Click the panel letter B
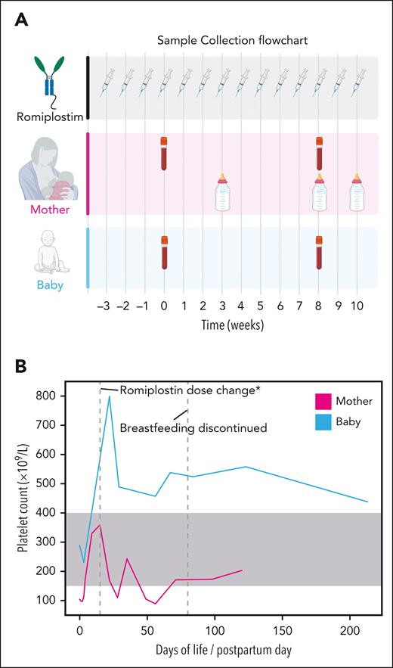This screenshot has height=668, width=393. (22, 367)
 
